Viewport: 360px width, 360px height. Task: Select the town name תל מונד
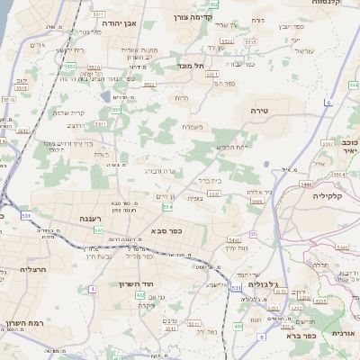point(193,65)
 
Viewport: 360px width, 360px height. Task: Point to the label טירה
point(272,109)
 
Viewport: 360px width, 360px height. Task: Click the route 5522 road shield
point(149,84)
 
